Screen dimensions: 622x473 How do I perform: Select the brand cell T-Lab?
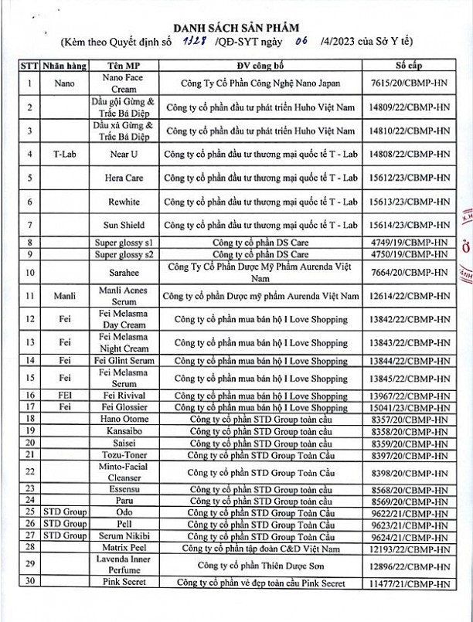[64, 154]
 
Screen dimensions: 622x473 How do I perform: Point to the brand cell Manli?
[64, 296]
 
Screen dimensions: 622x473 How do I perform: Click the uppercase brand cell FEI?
[64, 396]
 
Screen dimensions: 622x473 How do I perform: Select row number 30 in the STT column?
[29, 584]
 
